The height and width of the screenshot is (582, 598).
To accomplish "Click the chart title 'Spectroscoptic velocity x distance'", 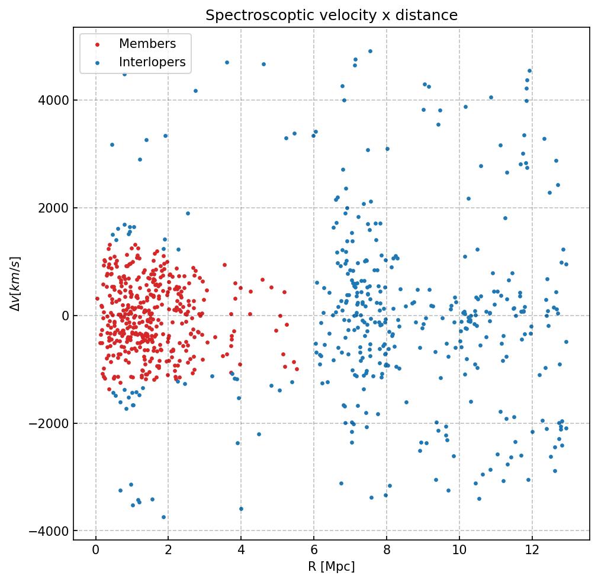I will tap(332, 15).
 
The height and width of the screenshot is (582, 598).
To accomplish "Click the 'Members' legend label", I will tap(147, 44).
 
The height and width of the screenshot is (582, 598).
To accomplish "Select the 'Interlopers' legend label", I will tap(152, 62).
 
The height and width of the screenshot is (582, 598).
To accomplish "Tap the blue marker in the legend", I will tap(97, 63).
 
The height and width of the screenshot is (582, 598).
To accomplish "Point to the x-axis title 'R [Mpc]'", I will tap(332, 567).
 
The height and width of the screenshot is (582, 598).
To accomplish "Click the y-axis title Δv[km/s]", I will tap(16, 284).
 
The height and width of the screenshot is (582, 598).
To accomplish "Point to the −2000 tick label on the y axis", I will tap(51, 424).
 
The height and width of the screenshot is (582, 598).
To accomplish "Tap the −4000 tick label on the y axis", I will tap(51, 532).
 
